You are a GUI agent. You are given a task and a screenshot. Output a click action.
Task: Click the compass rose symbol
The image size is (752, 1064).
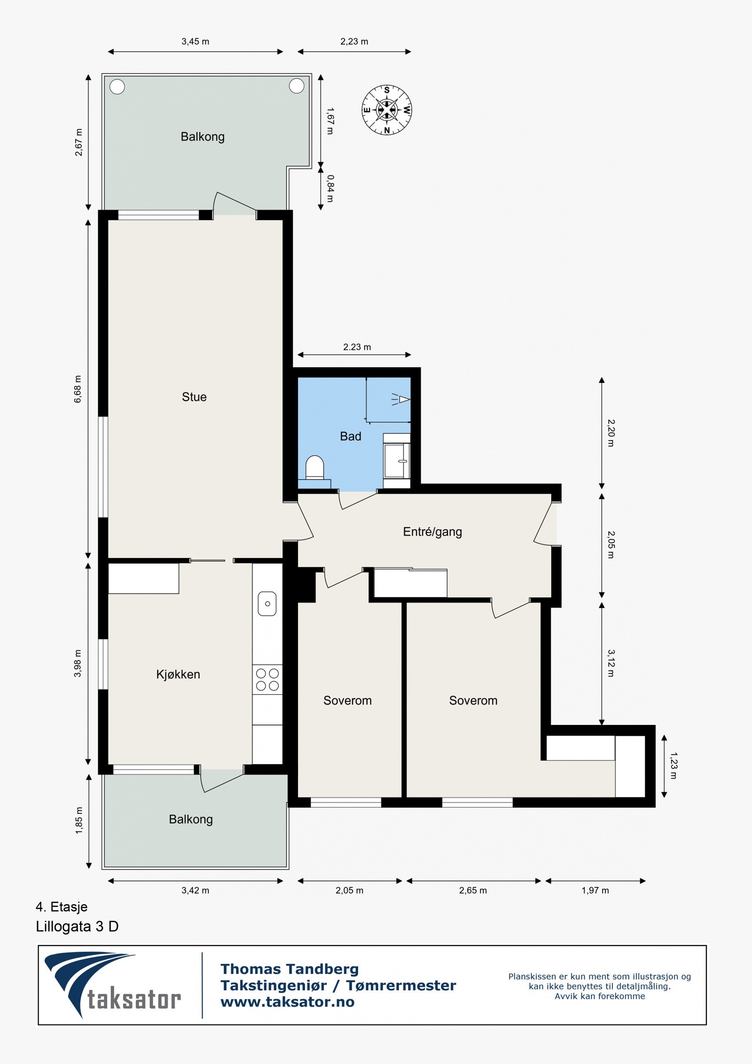coord(387,110)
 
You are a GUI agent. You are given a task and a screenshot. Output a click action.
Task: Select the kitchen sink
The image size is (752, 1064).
coord(267,604)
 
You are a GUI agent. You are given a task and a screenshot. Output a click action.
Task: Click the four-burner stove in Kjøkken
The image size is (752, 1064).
coord(267,680)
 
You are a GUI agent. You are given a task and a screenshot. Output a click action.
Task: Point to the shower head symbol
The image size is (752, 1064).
coord(400,400)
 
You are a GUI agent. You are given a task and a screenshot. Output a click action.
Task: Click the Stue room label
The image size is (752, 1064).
coord(194,397)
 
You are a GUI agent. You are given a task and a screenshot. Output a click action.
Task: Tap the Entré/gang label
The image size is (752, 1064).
coord(432,532)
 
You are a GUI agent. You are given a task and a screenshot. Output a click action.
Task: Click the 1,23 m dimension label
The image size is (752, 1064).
coord(673,766)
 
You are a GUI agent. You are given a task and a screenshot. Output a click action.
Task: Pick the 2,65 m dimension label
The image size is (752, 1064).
coord(473,891)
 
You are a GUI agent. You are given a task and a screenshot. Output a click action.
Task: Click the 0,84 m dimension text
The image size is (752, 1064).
coord(330,189)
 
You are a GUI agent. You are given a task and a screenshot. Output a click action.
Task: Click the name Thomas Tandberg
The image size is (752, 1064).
coord(290,969)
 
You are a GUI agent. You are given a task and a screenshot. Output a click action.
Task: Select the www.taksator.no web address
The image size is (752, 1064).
coord(288,1002)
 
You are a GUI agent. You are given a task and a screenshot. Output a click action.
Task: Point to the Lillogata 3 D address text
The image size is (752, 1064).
coord(77,927)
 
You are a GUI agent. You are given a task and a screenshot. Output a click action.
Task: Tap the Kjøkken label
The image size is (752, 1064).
coord(178,675)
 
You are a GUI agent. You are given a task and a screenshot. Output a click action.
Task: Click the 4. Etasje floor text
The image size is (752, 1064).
coord(62,907)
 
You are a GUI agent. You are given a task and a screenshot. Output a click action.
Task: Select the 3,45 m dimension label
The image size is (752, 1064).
coord(196,41)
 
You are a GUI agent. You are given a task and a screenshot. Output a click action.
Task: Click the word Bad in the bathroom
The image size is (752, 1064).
coord(351,436)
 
